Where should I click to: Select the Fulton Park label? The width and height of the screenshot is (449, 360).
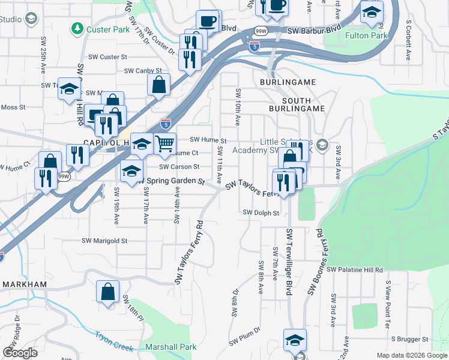coord(367,35)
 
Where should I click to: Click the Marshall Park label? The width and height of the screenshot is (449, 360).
coord(171,347)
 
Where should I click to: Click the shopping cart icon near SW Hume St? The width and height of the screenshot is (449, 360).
coord(164,143)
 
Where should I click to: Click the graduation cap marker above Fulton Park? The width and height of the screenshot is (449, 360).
coord(372,12)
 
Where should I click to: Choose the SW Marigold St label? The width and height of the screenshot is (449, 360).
coord(105,241)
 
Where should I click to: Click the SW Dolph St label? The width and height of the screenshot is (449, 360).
coord(261,212)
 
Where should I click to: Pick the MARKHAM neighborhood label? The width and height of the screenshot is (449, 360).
coord(25,284)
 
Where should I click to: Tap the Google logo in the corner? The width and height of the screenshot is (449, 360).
coord(20,353)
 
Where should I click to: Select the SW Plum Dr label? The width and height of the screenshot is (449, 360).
coord(244,336)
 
